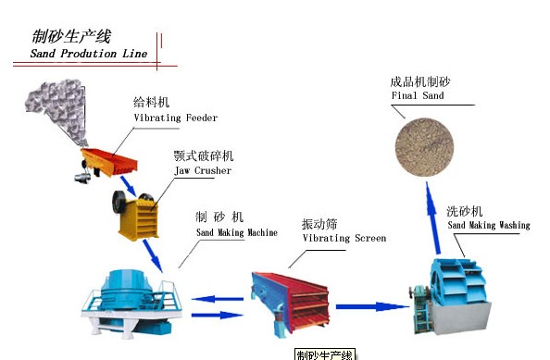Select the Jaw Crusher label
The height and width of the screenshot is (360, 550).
click(202, 171)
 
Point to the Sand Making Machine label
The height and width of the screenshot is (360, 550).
click(235, 232)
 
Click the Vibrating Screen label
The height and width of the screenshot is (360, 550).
click(344, 239)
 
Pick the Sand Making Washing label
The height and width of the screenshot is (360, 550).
click(488, 226)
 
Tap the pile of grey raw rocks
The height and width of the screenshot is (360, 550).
click(55, 110)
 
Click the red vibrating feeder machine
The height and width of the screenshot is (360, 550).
click(109, 158)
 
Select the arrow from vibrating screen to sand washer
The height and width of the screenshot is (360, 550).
click(371, 306)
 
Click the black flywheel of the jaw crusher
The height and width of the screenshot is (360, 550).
click(121, 200)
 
